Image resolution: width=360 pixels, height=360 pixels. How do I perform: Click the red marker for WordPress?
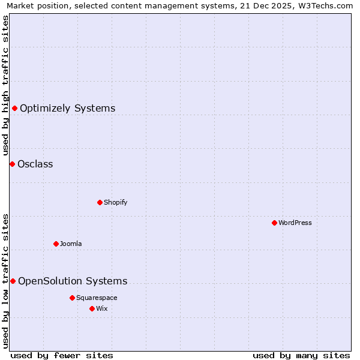coord(274,223)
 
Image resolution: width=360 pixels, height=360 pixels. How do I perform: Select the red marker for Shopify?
coord(100,202)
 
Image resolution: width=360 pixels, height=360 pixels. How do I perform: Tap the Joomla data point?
coord(56,244)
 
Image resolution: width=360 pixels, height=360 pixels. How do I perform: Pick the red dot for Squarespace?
coord(72,298)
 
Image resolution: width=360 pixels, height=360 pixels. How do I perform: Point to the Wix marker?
coord(92,308)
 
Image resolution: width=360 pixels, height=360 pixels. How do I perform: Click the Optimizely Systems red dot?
coord(15,108)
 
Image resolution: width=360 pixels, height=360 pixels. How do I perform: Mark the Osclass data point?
coord(12,164)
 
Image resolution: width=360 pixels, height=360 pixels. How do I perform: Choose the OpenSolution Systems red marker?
coord(13,281)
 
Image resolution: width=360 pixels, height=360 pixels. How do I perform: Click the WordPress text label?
coord(295,223)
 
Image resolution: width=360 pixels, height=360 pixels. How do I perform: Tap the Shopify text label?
coord(116,202)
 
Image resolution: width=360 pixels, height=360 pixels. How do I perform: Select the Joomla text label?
coord(71,244)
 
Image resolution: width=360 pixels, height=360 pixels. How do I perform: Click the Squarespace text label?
coord(97,298)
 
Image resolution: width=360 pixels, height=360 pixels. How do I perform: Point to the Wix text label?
coord(102,308)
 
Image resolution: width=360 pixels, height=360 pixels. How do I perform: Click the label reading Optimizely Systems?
coord(68,109)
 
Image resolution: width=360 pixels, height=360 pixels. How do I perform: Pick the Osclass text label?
coord(35,164)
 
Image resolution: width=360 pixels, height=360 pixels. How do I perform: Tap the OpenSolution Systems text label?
coord(73,281)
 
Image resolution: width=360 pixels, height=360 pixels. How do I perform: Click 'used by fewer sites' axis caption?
coord(62,355)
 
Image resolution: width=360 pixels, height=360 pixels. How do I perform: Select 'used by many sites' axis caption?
coord(301,355)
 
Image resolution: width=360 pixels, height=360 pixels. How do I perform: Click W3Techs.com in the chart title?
coord(325,6)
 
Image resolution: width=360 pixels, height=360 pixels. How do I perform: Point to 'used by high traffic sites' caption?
coord(6,85)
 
